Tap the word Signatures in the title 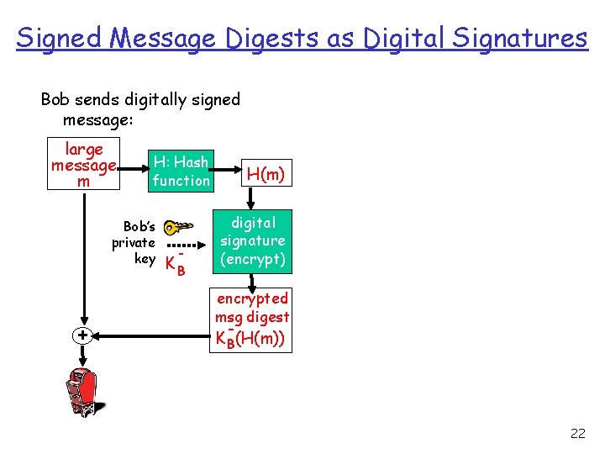tap(521, 38)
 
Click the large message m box tap(83, 165)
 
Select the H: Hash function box tap(181, 172)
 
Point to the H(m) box tap(266, 173)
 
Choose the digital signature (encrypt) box tap(253, 241)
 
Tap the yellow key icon tap(177, 227)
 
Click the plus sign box tap(82, 335)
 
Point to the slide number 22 tap(577, 434)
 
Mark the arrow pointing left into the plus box tap(151, 335)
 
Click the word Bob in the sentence tap(55, 100)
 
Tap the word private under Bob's tap(134, 243)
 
